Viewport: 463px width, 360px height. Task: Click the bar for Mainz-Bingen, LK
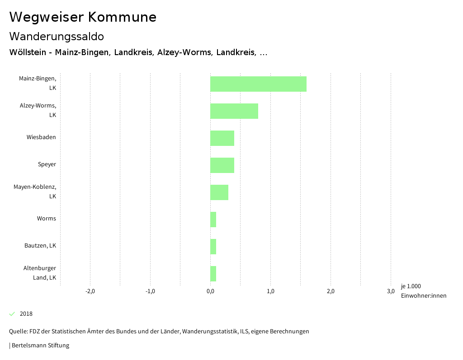pos(258,84)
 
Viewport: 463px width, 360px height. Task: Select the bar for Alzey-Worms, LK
pos(234,111)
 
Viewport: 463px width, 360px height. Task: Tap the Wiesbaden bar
pos(222,138)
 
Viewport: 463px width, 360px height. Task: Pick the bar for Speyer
pos(222,165)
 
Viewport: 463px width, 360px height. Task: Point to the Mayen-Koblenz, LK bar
pos(219,192)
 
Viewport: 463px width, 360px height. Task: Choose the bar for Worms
pos(213,220)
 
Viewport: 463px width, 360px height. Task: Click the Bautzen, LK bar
pos(213,247)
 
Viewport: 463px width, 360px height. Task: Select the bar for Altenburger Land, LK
pos(213,274)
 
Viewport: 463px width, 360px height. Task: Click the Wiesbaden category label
pos(41,137)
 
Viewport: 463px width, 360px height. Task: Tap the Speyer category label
pos(47,164)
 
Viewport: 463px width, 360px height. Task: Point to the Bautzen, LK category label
pos(40,246)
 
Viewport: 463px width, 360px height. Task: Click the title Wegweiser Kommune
pos(83,17)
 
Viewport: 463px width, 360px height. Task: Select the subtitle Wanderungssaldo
pos(57,36)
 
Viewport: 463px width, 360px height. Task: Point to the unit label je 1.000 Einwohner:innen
pos(423,291)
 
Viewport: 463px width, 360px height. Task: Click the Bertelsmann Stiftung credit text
pos(40,346)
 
